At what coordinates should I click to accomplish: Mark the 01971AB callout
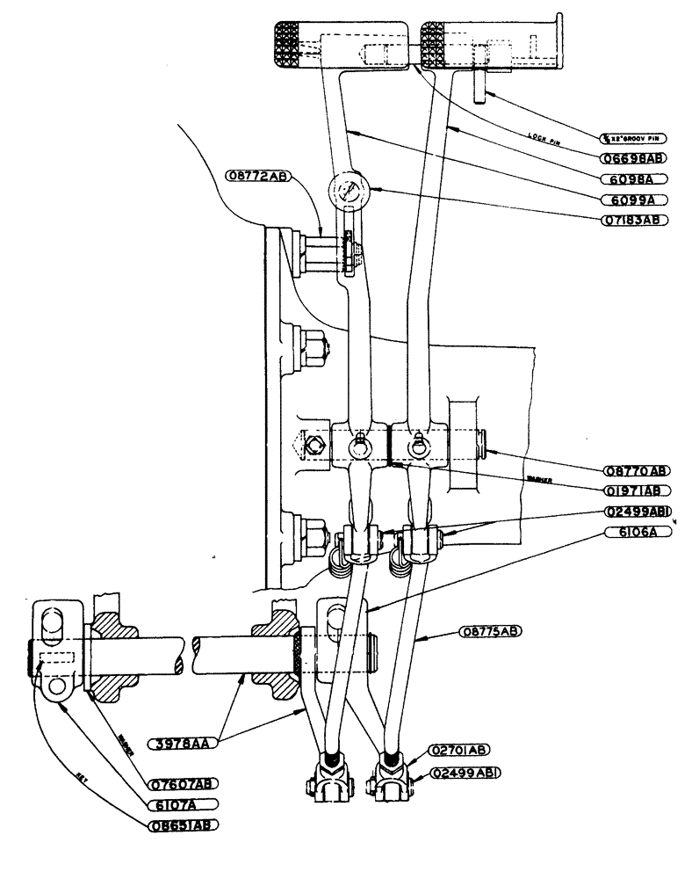[x=636, y=490]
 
